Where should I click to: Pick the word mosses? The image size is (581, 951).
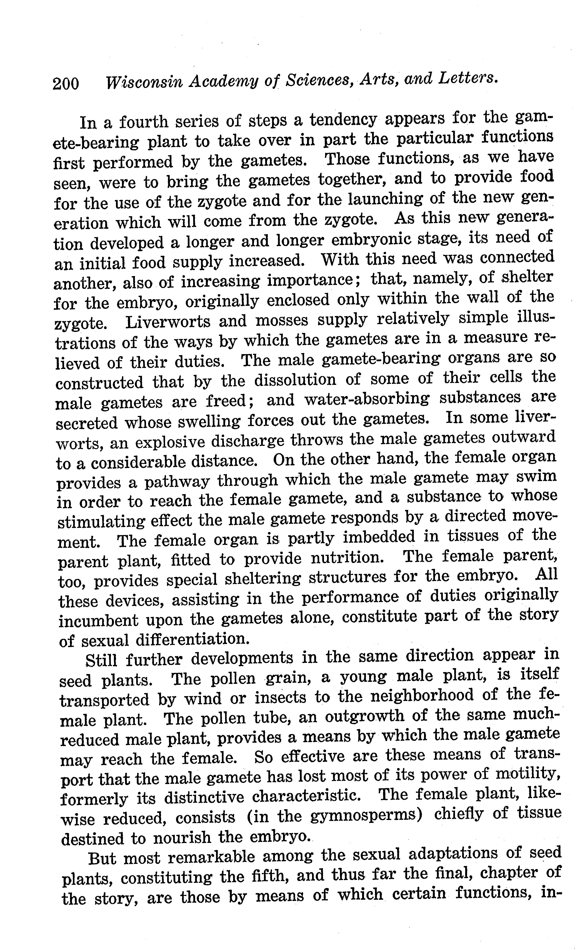tap(283, 320)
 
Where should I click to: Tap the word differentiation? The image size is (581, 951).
tap(191, 640)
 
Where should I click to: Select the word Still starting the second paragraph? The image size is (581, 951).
tap(101, 660)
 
